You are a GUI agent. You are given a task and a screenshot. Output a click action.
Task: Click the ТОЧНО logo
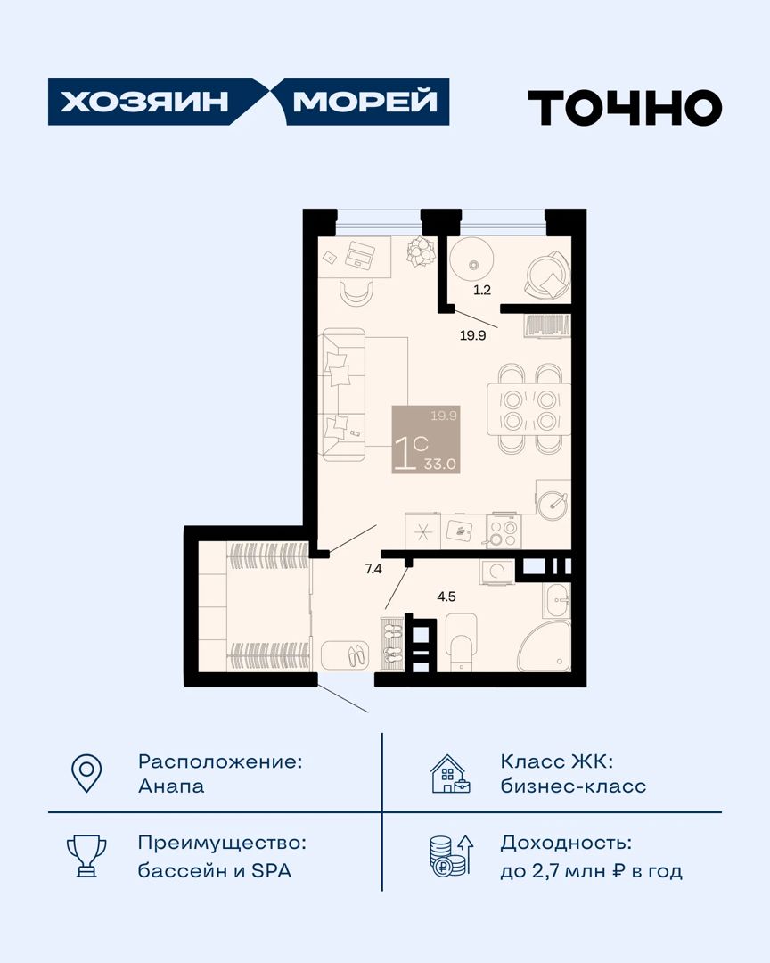(x=625, y=108)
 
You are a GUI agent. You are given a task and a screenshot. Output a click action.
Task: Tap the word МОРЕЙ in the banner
(x=365, y=102)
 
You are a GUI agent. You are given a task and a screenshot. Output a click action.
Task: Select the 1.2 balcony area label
(x=482, y=290)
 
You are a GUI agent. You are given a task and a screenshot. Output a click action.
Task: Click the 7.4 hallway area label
(x=373, y=569)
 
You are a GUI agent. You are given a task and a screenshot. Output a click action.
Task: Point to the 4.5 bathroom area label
(x=446, y=597)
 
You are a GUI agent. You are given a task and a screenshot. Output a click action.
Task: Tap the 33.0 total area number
(x=440, y=465)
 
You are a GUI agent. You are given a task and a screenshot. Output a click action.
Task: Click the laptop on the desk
(x=361, y=253)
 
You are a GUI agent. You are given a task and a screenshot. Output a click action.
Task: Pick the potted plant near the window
(x=422, y=251)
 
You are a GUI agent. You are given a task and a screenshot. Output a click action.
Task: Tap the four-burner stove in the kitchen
(x=504, y=531)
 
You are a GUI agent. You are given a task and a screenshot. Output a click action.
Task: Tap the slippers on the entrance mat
(x=358, y=656)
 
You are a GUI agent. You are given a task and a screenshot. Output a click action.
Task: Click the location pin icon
(x=86, y=772)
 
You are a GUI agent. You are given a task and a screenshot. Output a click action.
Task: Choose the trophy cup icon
(x=86, y=855)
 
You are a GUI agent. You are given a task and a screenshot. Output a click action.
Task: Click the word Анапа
(x=171, y=786)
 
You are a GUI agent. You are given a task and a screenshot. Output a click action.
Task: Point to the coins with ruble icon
(x=451, y=855)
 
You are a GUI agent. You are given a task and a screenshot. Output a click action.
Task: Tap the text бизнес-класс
(x=574, y=786)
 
